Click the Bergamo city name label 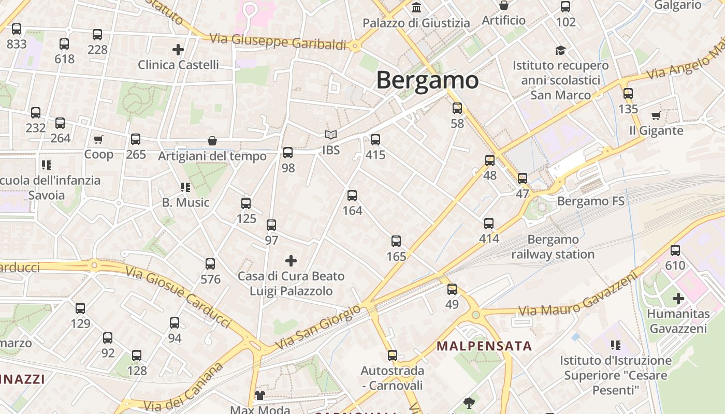(x=427, y=80)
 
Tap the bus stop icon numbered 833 (x=17, y=29)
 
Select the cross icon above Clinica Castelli (x=178, y=50)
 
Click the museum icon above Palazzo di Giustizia (x=416, y=7)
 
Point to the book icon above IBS (x=331, y=135)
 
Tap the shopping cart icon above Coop (x=98, y=139)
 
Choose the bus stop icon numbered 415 (x=375, y=139)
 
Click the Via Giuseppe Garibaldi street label (x=278, y=41)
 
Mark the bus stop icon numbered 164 (x=352, y=195)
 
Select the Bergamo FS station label (x=591, y=201)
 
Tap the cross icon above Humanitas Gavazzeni (x=678, y=299)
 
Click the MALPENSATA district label (x=484, y=346)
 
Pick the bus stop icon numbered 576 (x=210, y=264)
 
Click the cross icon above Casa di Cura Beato (x=291, y=261)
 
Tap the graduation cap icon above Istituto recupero (x=560, y=50)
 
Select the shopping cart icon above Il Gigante (x=656, y=115)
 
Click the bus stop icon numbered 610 (x=675, y=250)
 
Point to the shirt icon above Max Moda (x=259, y=396)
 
